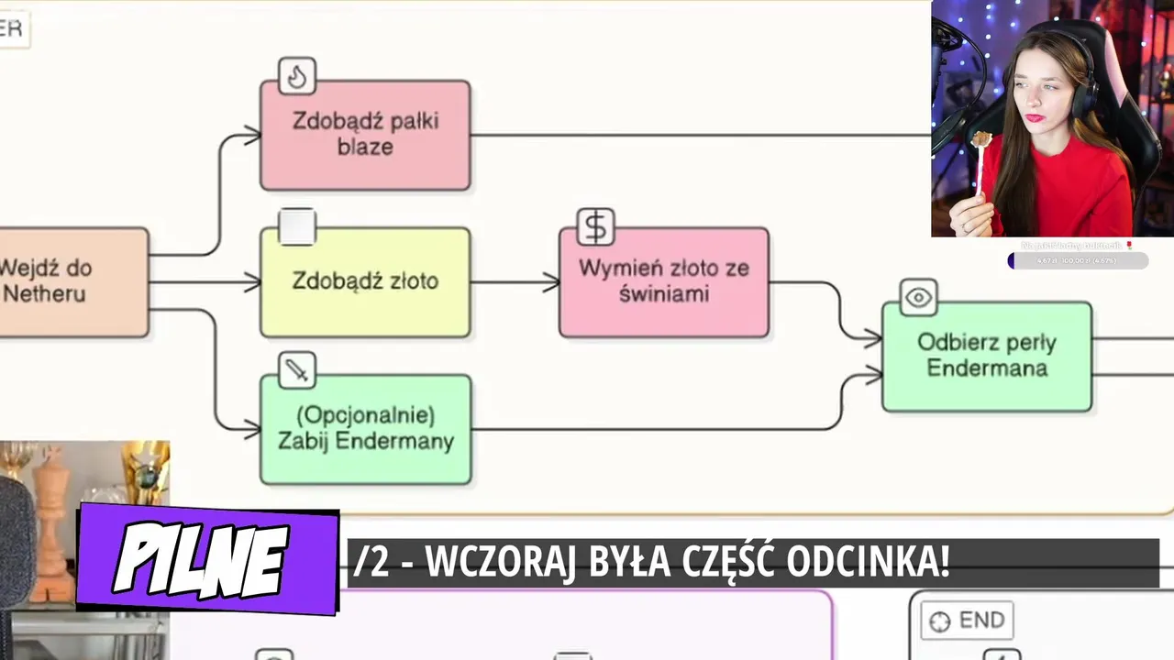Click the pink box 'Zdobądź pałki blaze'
(x=365, y=135)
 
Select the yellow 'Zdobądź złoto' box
(x=365, y=281)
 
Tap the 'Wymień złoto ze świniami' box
(x=663, y=281)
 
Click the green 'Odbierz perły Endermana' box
(x=986, y=356)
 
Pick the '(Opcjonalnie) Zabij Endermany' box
(x=365, y=428)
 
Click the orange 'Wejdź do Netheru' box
(x=64, y=281)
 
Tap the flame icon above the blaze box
(x=296, y=76)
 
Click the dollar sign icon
(x=595, y=226)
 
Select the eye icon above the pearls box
(x=918, y=298)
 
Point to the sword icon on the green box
(x=296, y=370)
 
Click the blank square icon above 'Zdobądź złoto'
(x=296, y=226)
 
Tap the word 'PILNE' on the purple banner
(x=202, y=559)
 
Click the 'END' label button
(x=968, y=621)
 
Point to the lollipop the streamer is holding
(x=982, y=140)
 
